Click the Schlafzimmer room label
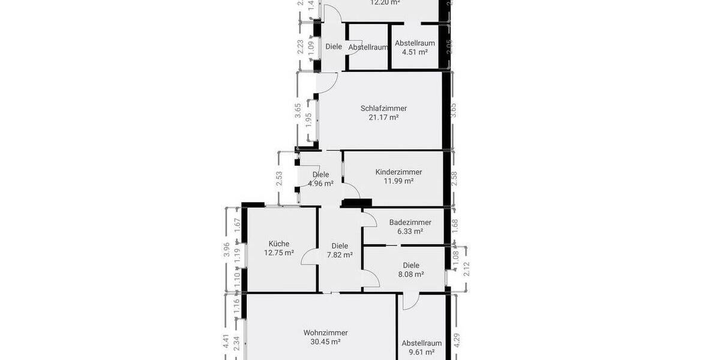pos(383,109)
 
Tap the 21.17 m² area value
pos(383,118)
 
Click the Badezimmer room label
pos(410,222)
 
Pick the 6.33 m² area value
pos(410,231)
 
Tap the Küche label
pos(279,244)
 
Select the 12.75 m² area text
pos(279,253)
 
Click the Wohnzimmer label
pos(326,333)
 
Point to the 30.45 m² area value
pos(326,342)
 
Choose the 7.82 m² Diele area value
pos(340,254)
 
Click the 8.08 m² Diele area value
pos(411,274)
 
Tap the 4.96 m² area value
pos(320,184)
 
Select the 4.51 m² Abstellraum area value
pos(415,52)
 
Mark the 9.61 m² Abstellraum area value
pos(421,352)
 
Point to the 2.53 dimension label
pos(280,179)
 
